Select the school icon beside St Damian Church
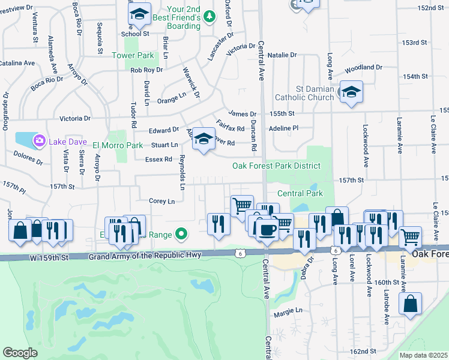coord(352,92)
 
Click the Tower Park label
coord(133,55)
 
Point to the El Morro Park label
coord(118,145)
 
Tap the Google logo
coord(20,353)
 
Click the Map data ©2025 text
coord(423,355)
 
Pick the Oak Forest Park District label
coord(277,166)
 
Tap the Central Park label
coord(300,193)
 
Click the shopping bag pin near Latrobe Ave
coord(412,304)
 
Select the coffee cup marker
coord(267,229)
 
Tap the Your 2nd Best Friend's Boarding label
coord(183,17)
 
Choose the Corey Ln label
coord(162,201)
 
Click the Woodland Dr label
coord(364,67)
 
